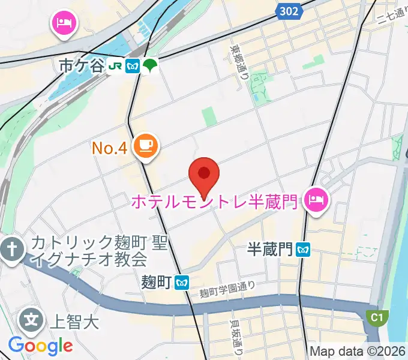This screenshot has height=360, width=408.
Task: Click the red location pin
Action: [203, 173]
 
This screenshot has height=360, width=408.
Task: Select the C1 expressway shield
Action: [376, 316]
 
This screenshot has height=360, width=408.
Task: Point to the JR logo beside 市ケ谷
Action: [116, 66]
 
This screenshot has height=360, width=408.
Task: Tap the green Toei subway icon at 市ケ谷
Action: [149, 65]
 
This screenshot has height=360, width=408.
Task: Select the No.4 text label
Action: [110, 148]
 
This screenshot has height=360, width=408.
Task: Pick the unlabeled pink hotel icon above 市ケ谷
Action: [63, 24]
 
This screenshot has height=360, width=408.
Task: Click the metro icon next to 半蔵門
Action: [304, 249]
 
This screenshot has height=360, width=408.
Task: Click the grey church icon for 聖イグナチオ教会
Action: [11, 248]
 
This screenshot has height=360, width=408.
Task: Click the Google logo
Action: [40, 346]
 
